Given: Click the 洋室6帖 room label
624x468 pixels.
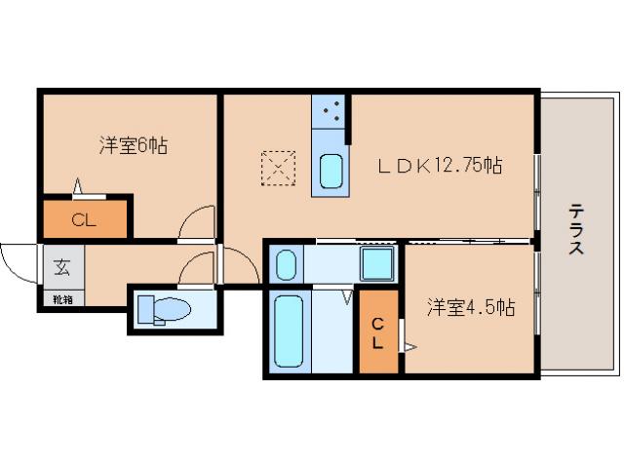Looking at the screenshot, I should (133, 146).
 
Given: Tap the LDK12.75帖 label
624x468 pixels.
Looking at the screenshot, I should (440, 166).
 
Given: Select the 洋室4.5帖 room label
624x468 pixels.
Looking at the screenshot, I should (470, 308).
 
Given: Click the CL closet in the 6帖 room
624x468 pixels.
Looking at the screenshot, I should (84, 219).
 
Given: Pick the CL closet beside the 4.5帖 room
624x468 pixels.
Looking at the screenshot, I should (378, 332).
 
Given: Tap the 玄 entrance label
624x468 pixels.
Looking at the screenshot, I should (61, 265).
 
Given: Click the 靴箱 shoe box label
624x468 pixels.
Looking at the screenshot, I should (61, 299).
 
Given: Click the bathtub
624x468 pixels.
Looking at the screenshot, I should (290, 331).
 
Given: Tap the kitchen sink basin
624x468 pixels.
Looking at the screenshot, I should (331, 174).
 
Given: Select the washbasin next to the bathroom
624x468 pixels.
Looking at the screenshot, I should (286, 263).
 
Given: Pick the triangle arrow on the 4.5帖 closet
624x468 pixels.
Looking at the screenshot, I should (410, 345).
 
